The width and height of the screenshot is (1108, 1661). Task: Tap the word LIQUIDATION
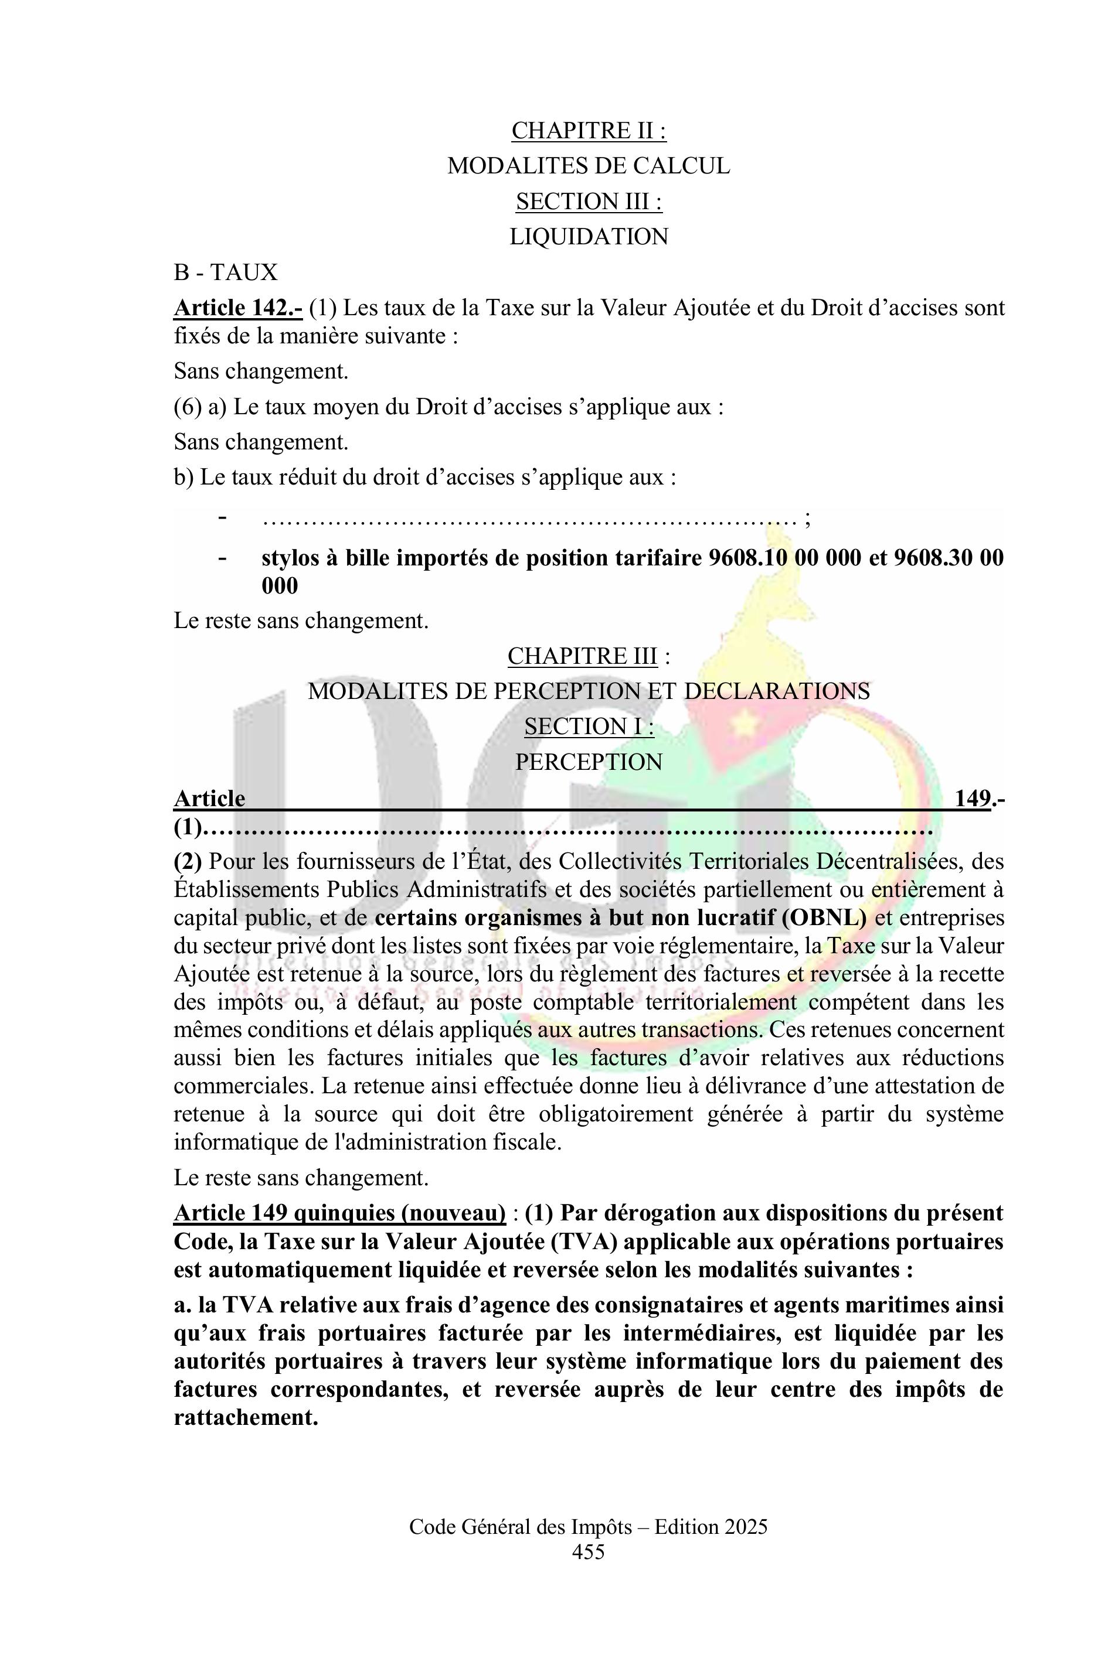click(589, 237)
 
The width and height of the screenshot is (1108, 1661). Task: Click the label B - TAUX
click(226, 272)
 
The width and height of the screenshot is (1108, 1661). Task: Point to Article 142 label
click(238, 308)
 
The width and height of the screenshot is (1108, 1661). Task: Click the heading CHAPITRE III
click(582, 656)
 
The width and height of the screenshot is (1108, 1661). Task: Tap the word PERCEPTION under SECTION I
click(589, 762)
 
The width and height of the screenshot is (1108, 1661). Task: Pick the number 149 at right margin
click(973, 798)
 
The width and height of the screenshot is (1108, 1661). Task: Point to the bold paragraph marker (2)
click(188, 862)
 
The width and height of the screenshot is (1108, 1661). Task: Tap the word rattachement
click(245, 1417)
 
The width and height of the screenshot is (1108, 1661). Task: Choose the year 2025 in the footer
click(746, 1527)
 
